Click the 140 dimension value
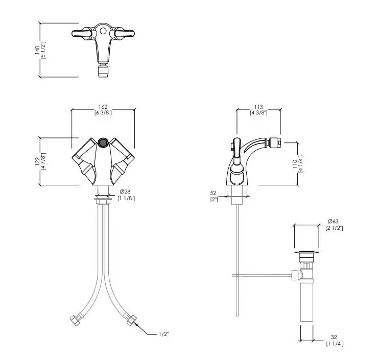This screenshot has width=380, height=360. [37, 50]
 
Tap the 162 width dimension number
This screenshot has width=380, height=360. [103, 107]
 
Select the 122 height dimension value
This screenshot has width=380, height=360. [37, 161]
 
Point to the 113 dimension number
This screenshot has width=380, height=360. [258, 107]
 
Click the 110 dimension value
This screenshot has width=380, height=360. [295, 164]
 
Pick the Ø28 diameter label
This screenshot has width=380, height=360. [125, 192]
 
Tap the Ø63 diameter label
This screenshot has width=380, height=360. [333, 221]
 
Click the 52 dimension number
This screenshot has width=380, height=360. [213, 193]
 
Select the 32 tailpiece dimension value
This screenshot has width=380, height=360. [334, 337]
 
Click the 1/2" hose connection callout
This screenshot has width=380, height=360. [163, 334]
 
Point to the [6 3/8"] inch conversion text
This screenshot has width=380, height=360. [103, 113]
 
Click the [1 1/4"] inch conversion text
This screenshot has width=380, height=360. [335, 344]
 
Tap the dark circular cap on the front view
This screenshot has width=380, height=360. [103, 142]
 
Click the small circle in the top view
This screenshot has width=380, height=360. [103, 31]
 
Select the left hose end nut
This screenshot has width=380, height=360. [75, 320]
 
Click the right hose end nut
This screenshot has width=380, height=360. [131, 320]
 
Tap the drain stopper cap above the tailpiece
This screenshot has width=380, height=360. [306, 252]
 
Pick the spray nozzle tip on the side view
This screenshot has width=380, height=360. [275, 142]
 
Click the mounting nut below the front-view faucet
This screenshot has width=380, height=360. [103, 201]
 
